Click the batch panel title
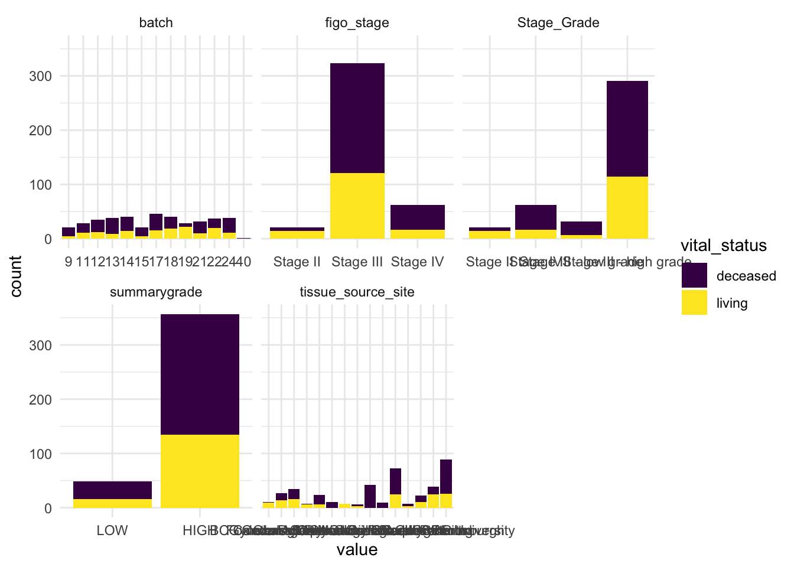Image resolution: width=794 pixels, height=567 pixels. tap(156, 23)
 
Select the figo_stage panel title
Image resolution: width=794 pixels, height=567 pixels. tap(357, 23)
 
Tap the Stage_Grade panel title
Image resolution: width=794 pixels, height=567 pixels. tap(558, 23)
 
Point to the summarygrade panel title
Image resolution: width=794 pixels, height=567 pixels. tap(156, 292)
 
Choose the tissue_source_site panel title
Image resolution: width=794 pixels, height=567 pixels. tap(357, 292)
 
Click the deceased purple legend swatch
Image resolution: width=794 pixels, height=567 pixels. tap(694, 276)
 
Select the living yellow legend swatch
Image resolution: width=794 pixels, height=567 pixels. tap(694, 302)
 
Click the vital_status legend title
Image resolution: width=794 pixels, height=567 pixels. tap(724, 246)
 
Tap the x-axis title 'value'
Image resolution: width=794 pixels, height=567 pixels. tap(357, 550)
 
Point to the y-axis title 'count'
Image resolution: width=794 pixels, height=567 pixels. tap(16, 276)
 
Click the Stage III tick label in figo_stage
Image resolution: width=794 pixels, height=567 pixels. tap(357, 262)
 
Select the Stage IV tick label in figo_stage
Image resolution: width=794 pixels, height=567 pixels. tap(417, 262)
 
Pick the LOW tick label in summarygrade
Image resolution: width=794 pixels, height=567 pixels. tap(112, 530)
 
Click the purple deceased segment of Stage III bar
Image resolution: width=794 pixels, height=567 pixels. tap(357, 118)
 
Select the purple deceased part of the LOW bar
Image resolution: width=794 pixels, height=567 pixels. tap(112, 490)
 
